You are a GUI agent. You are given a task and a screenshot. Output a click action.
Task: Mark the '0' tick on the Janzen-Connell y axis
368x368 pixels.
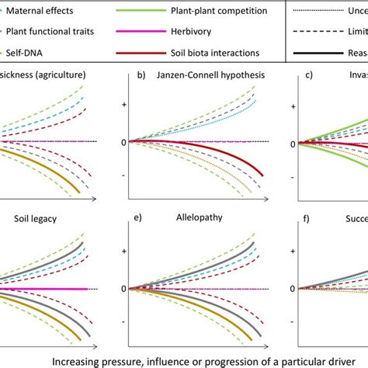pyautogui.click(x=122, y=141)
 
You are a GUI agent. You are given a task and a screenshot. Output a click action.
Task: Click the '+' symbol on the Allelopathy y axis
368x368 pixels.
pyautogui.click(x=122, y=252)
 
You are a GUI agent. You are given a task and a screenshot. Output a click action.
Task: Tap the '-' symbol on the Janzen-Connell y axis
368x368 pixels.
pyautogui.click(x=122, y=177)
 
